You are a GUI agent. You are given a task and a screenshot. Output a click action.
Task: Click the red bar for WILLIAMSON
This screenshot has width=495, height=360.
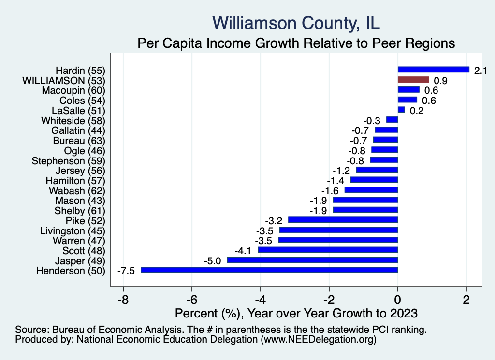click(x=413, y=80)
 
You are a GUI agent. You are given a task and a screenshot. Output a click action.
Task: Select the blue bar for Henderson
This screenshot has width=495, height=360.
click(x=269, y=270)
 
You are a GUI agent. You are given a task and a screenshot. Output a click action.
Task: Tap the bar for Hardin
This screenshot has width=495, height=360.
click(x=433, y=70)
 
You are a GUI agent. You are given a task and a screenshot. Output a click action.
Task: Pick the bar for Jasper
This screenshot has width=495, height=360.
click(x=312, y=260)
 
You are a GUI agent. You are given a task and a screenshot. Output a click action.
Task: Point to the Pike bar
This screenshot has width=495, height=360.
click(x=343, y=220)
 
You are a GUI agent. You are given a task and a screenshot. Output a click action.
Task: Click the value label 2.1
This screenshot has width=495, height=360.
click(x=480, y=71)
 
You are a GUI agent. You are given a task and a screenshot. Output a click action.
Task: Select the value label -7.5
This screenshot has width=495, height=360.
click(x=126, y=271)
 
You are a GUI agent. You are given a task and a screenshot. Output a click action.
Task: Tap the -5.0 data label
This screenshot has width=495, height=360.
click(x=213, y=261)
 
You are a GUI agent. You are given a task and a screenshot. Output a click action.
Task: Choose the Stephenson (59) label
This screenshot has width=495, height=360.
click(x=68, y=160)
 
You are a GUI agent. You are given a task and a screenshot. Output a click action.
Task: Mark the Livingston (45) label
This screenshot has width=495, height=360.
click(x=73, y=230)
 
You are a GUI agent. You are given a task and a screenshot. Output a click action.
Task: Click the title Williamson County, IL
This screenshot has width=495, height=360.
click(x=296, y=23)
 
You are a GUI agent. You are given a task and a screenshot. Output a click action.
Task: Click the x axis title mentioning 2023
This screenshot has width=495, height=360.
click(x=296, y=313)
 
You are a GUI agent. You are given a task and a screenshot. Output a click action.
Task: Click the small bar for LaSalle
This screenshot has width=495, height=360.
click(x=401, y=110)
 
